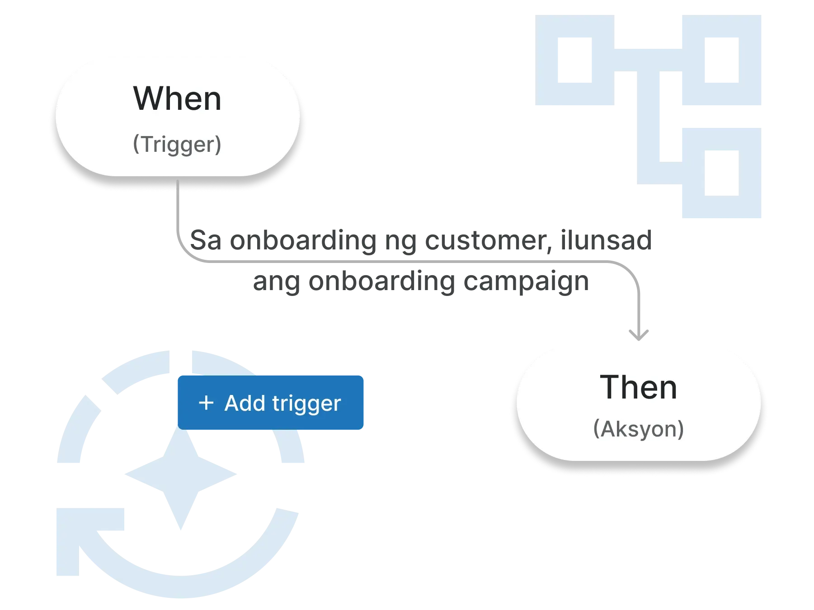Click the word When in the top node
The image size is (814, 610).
tap(177, 99)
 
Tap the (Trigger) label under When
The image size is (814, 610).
tap(177, 145)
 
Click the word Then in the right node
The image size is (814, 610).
tap(638, 387)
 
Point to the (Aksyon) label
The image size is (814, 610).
tap(638, 429)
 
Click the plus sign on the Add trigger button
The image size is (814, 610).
tap(206, 403)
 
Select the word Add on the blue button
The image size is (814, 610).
tap(245, 403)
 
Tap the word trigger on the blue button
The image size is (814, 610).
tap(306, 404)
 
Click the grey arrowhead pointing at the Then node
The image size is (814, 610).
tap(638, 335)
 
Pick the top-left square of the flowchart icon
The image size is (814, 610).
tap(575, 61)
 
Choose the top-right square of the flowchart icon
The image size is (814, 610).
tap(721, 61)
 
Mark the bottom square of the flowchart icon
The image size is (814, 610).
tap(721, 173)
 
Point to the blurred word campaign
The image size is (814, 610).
tap(527, 282)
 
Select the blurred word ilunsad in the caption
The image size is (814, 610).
tap(606, 239)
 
